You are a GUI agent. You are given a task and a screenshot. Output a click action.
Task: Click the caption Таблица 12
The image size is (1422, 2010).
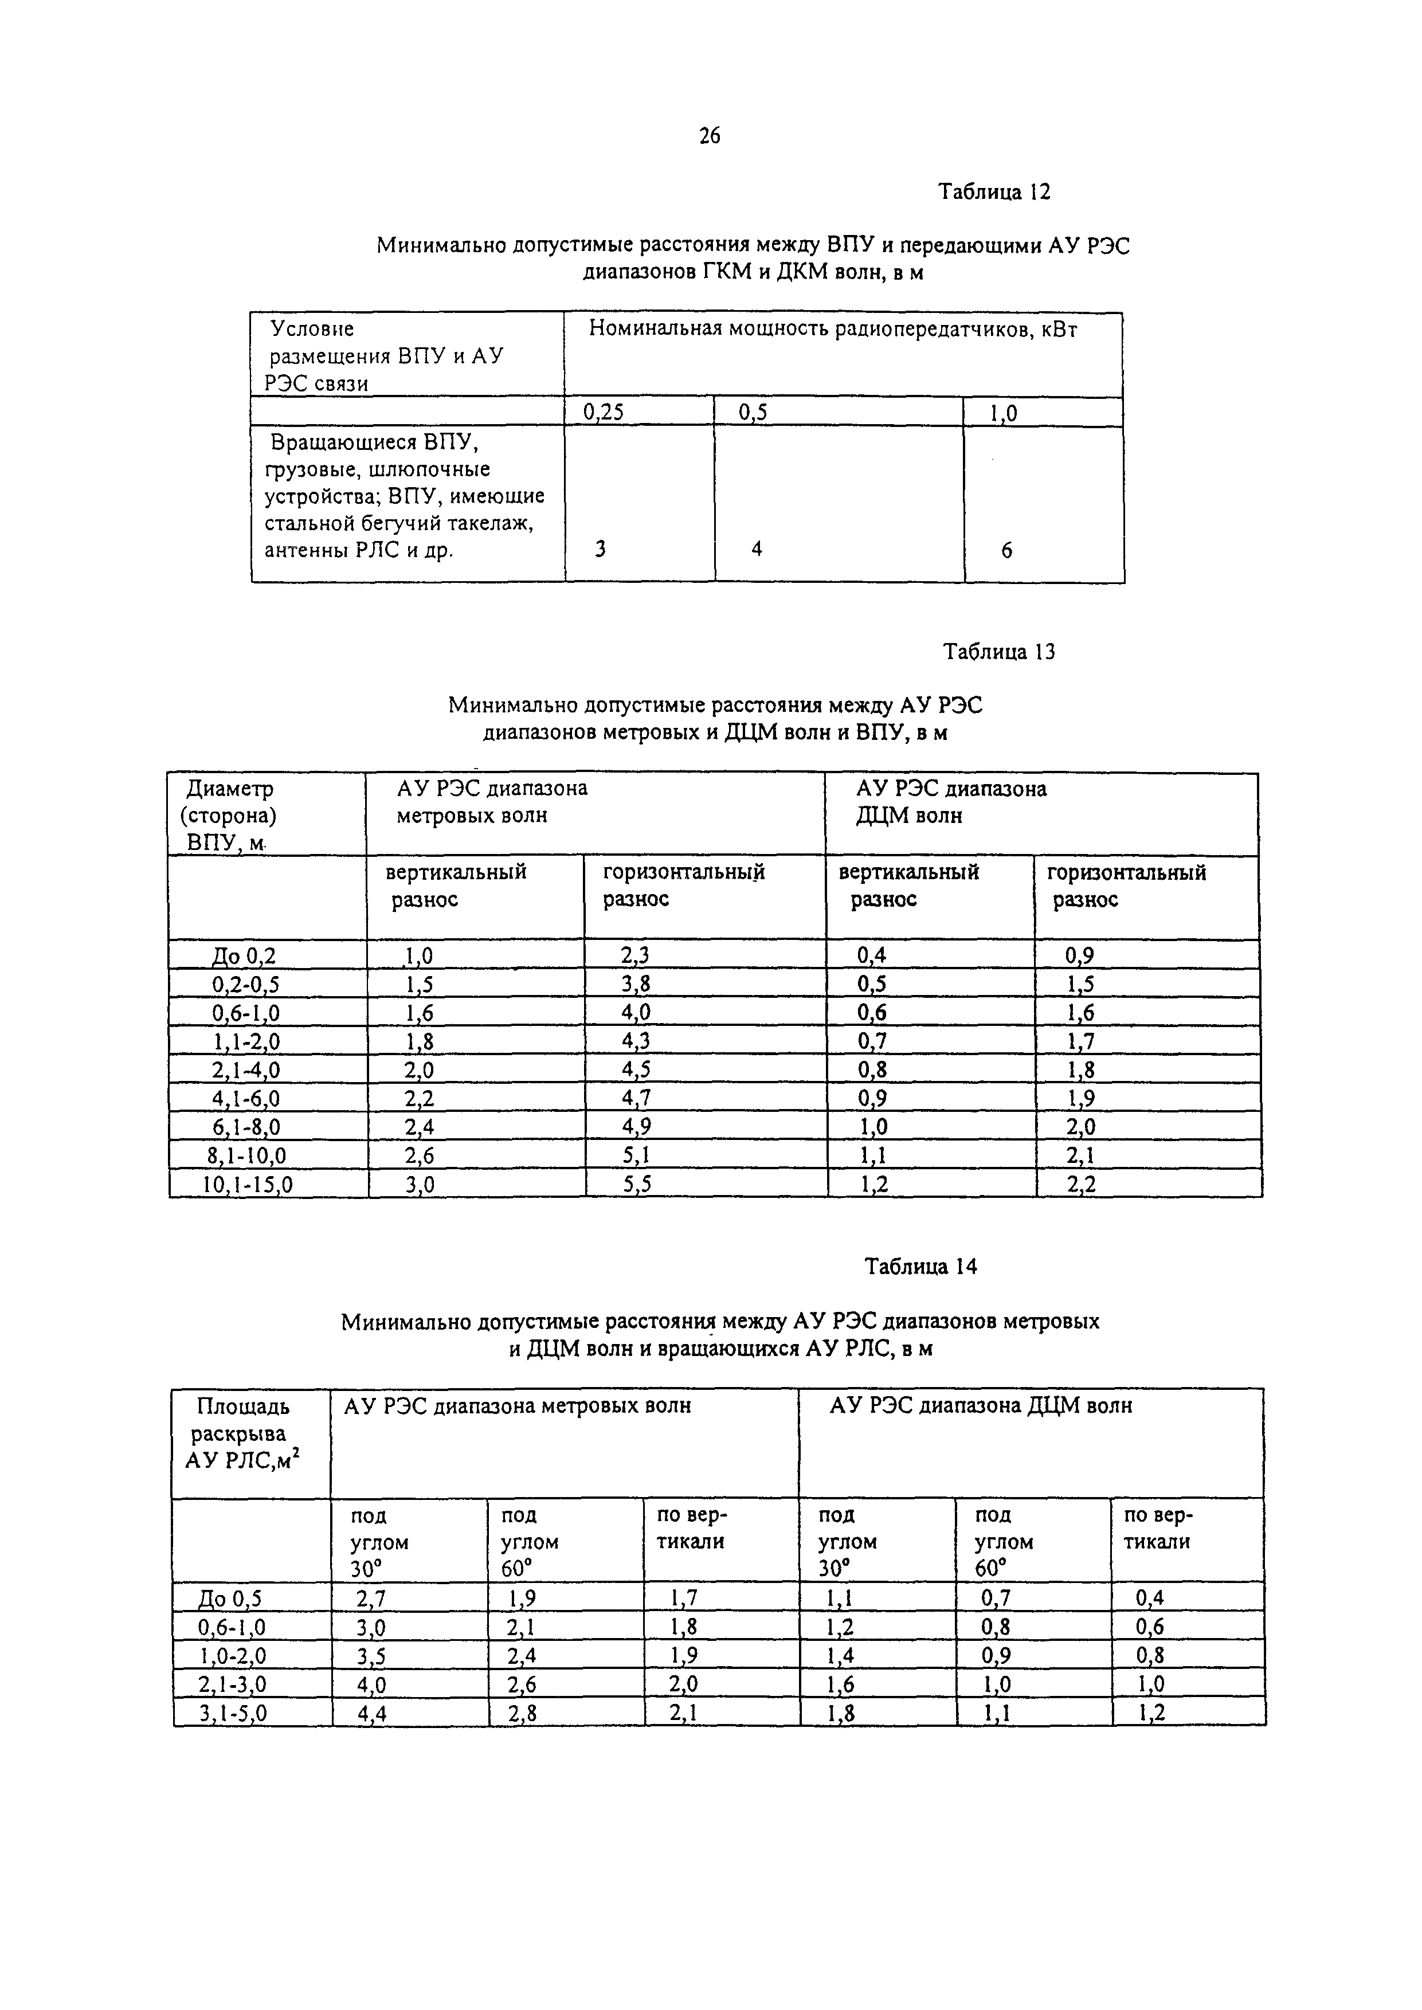(994, 192)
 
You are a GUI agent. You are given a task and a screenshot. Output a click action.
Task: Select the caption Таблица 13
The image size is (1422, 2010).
(998, 652)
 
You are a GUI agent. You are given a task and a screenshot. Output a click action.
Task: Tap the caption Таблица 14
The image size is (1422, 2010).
(920, 1267)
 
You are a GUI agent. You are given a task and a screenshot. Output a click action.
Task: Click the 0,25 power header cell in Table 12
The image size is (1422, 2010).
(604, 412)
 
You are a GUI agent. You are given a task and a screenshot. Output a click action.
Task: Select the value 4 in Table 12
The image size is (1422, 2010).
(757, 549)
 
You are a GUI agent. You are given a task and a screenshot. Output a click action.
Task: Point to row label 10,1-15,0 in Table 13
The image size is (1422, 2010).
(249, 1185)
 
